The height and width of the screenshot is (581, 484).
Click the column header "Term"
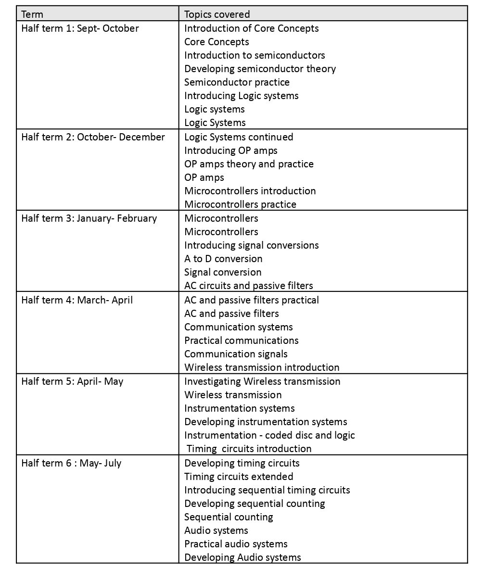point(32,14)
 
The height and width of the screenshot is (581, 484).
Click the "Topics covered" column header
point(217,14)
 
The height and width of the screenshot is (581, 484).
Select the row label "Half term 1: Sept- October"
point(80,28)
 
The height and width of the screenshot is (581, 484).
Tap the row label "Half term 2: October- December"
point(93,137)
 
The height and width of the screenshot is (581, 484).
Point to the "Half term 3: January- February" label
point(89,218)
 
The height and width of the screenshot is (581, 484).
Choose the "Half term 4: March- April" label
point(77,300)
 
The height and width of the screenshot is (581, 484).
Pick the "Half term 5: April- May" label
point(72,381)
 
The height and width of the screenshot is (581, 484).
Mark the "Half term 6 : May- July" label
point(71,463)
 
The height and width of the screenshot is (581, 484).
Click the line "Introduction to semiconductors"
point(255,55)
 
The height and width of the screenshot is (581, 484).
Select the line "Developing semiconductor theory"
point(260,69)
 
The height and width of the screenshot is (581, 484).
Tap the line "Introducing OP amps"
point(230,151)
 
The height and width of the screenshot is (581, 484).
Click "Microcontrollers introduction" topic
point(250,191)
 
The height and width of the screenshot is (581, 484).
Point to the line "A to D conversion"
point(223,259)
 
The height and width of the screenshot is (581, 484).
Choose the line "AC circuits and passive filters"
point(248,286)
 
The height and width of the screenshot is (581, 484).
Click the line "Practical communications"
point(241,341)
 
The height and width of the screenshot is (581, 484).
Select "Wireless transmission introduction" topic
point(262,367)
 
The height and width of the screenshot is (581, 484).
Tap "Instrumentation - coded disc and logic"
point(269,435)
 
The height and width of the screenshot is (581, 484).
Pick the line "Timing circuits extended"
point(239,477)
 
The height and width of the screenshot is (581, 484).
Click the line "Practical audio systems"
point(236,544)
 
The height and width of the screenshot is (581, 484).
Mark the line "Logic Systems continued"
point(239,137)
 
